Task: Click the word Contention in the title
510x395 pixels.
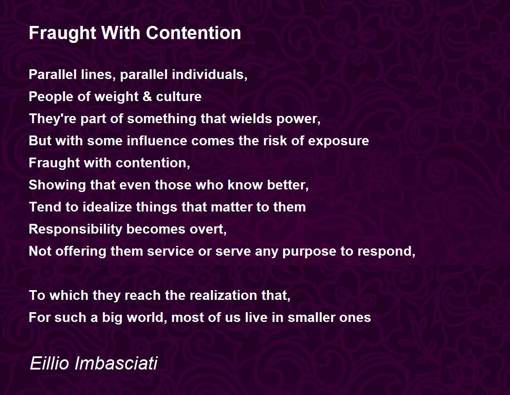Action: coord(193,33)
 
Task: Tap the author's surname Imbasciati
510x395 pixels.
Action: coord(116,363)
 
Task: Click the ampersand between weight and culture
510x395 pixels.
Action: coord(147,96)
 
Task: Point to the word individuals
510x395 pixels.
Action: coord(210,74)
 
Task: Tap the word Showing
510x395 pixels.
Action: coord(57,185)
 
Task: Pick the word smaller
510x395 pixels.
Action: coord(312,318)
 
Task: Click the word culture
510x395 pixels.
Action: coord(178,96)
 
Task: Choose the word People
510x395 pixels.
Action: coord(51,97)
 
